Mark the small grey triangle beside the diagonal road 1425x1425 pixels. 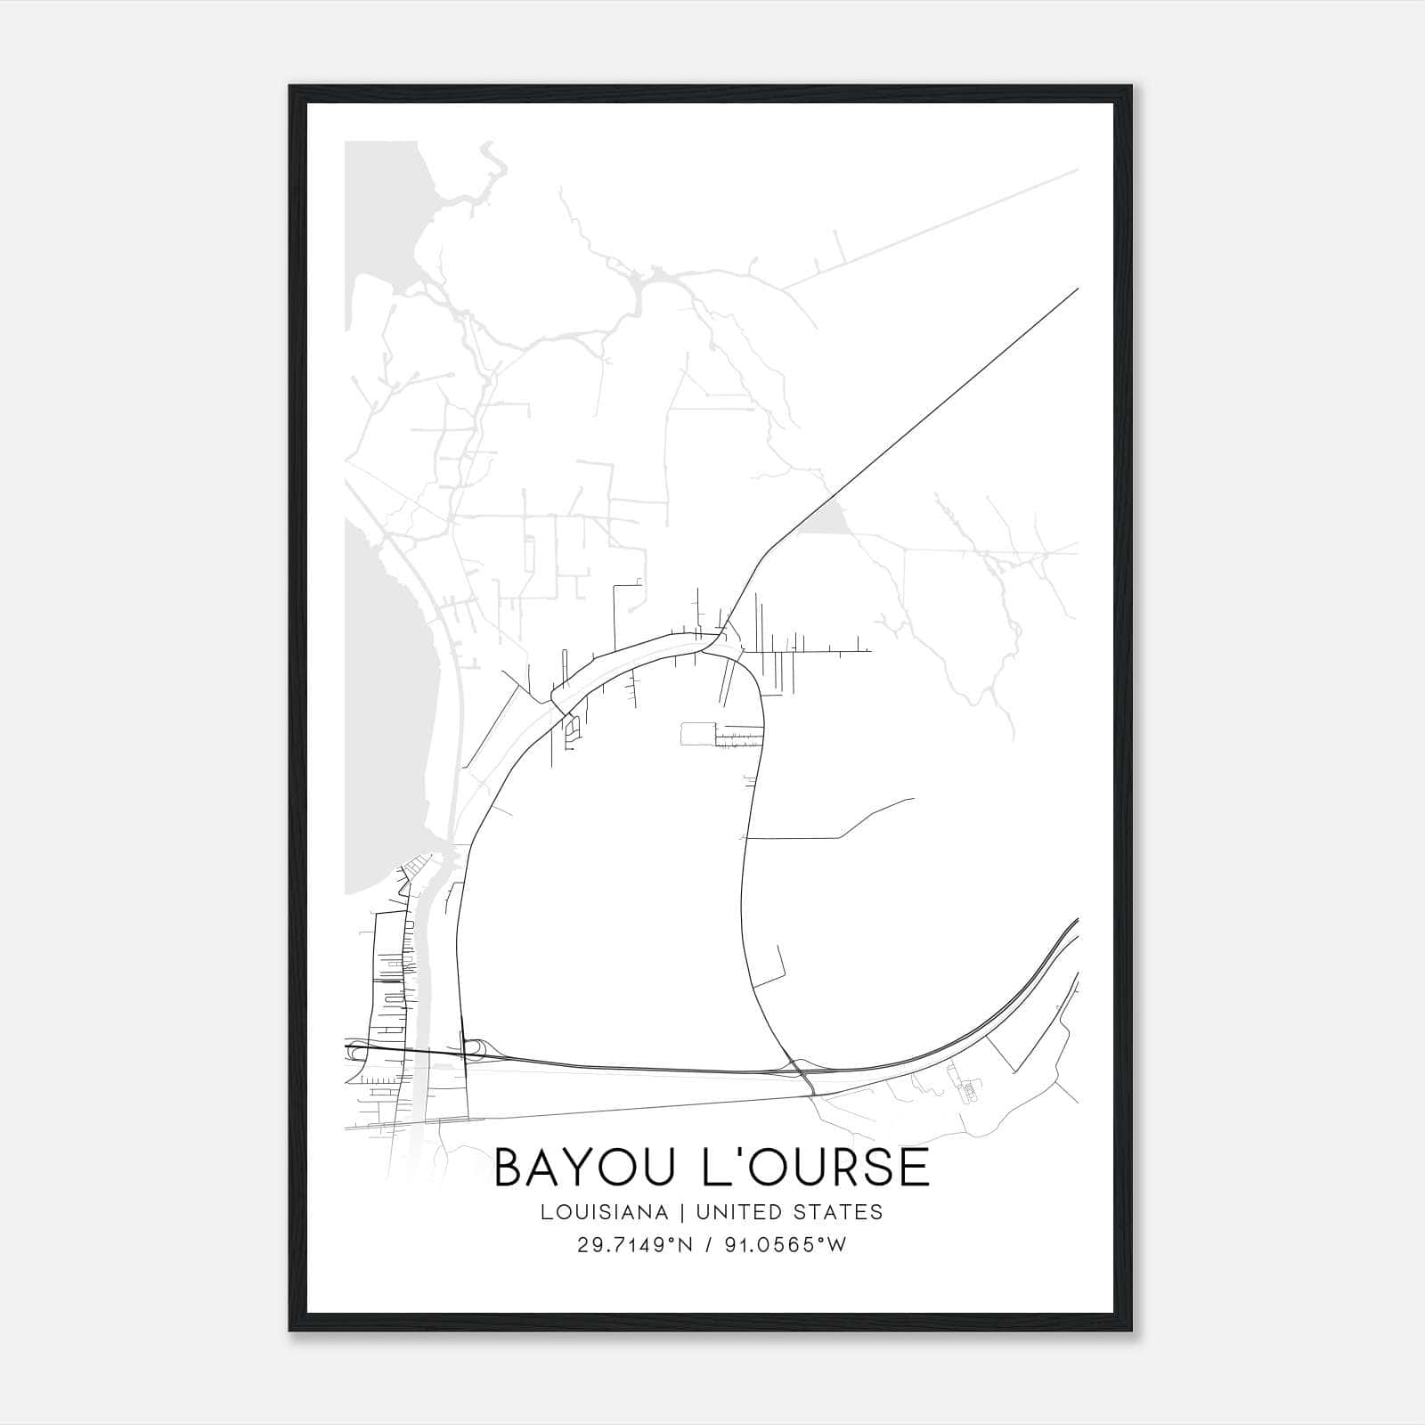826,517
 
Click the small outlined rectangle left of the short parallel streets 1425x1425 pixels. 697,733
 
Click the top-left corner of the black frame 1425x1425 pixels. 290,87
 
